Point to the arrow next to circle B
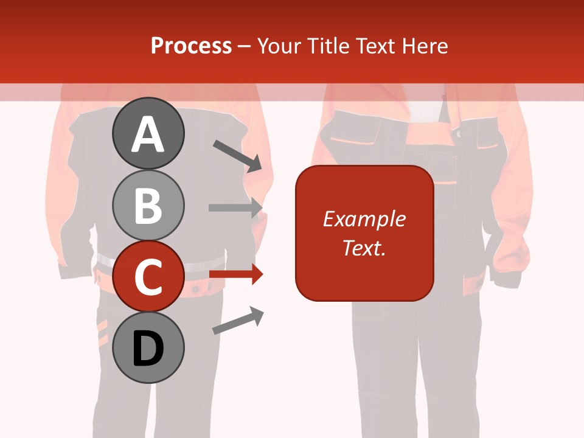coord(236,207)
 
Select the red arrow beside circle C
coord(237,274)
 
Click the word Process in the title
coord(191,46)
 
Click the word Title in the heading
coord(328,46)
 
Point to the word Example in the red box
coord(364,219)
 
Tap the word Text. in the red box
coord(364,248)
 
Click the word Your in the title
coord(279,46)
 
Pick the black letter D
coord(148,349)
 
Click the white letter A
coord(148,134)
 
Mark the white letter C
coord(148,277)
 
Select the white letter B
coord(148,206)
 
